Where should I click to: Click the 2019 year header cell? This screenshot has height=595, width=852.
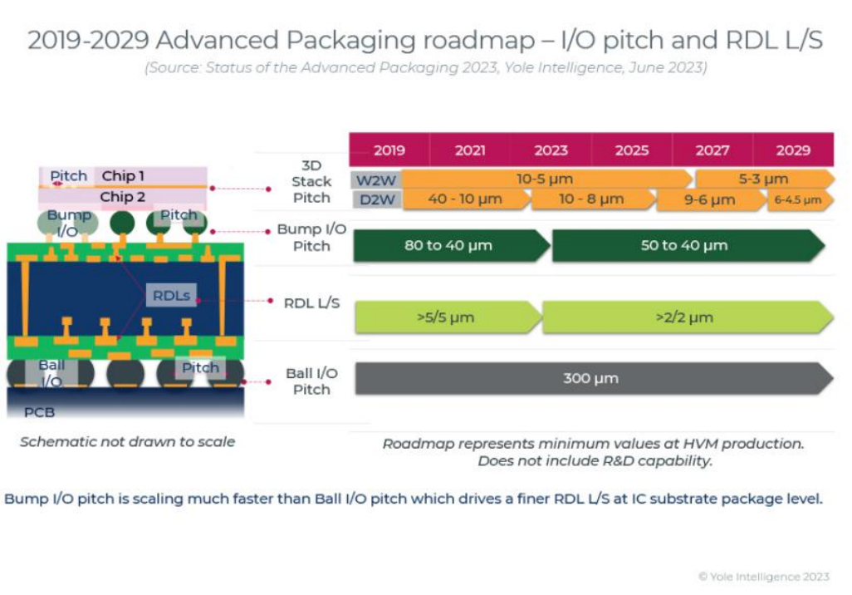[x=389, y=150]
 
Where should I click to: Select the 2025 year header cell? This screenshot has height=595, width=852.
[x=632, y=150]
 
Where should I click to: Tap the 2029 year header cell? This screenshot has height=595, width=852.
[x=793, y=150]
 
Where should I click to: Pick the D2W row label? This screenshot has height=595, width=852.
[x=375, y=200]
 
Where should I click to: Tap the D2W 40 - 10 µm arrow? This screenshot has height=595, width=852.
[x=464, y=200]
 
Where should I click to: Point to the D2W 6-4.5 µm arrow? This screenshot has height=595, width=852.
[x=797, y=200]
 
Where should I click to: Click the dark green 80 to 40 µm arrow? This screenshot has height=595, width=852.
[x=448, y=246]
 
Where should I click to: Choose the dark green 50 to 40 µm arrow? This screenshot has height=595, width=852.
[x=684, y=246]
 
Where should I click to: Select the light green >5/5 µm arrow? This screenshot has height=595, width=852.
[x=446, y=317]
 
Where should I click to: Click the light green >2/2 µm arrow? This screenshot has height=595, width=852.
[x=683, y=317]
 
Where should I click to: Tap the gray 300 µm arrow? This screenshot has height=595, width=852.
[x=589, y=379]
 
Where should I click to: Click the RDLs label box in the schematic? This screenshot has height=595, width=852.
[x=172, y=295]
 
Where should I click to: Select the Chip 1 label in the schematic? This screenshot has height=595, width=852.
[x=123, y=176]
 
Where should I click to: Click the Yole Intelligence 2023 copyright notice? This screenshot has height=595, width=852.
[x=763, y=577]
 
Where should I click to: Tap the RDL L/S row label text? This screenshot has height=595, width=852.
[x=311, y=303]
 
